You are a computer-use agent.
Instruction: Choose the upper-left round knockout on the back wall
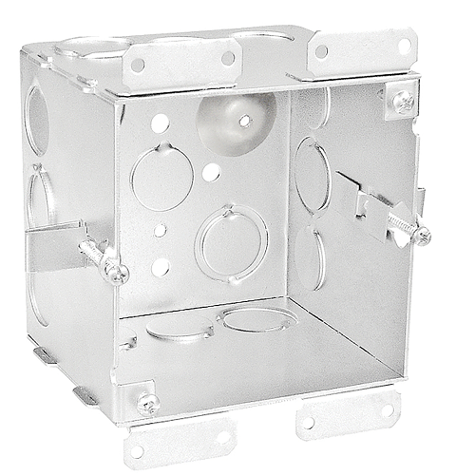pos(161,177)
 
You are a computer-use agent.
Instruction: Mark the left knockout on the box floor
pos(180,329)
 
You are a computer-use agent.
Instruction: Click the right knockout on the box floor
pos(257,318)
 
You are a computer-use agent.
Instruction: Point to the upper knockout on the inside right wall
pos(312,175)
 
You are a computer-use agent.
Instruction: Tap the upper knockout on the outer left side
pos(36,119)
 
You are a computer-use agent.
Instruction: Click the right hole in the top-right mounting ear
pos(404,45)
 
